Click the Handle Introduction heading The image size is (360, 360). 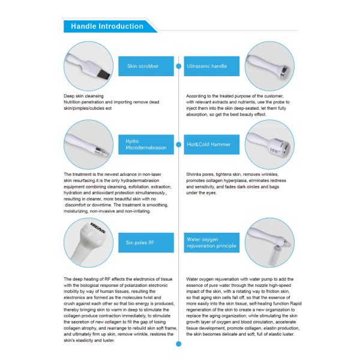pyautogui.click(x=107, y=26)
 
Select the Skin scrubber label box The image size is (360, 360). pyautogui.click(x=146, y=66)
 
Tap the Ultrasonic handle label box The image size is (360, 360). pyautogui.click(x=212, y=66)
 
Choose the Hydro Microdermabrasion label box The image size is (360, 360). pyautogui.click(x=146, y=145)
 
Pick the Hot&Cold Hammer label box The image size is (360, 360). pyautogui.click(x=212, y=145)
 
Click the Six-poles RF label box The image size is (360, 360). pyautogui.click(x=146, y=242)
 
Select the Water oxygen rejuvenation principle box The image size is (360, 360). pyautogui.click(x=212, y=242)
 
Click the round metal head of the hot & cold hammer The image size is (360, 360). pyautogui.click(x=285, y=147)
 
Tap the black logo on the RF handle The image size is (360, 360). pyautogui.click(x=98, y=228)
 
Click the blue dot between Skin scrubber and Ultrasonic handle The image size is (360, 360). pyautogui.click(x=179, y=66)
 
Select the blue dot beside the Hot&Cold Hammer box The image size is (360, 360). pyautogui.click(x=179, y=145)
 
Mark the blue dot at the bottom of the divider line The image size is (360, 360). pyautogui.click(x=179, y=344)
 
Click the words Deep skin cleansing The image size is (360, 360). pyautogui.click(x=83, y=96)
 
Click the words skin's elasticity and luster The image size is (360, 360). pyautogui.click(x=89, y=340)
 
